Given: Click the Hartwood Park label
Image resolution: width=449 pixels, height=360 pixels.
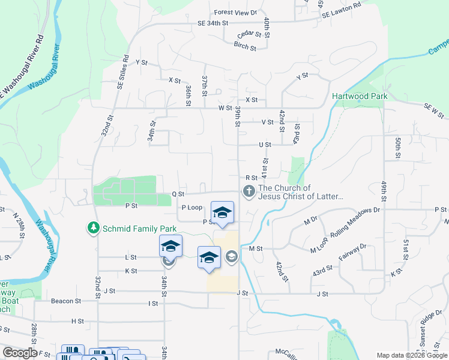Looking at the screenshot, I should (x=360, y=96).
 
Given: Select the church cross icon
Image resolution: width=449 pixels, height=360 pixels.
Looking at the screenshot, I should (x=248, y=191).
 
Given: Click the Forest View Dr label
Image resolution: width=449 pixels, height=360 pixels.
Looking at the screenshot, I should (x=235, y=12).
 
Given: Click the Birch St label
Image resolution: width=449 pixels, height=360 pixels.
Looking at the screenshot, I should (x=245, y=46).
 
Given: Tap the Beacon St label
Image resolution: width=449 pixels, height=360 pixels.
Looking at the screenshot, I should (x=65, y=301).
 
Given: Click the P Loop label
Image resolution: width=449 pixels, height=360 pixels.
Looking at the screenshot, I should (x=191, y=207).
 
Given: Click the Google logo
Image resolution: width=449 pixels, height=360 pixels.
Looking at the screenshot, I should (x=20, y=353).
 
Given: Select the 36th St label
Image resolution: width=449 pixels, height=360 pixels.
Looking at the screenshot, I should (x=188, y=95).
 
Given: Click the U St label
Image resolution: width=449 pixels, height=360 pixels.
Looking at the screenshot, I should (x=265, y=145).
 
